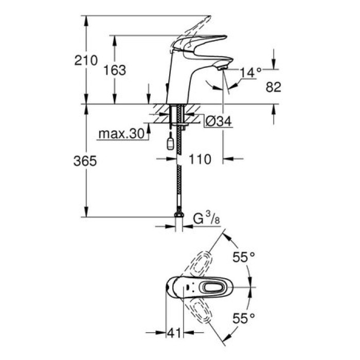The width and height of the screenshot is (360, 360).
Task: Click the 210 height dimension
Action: tap(86, 60)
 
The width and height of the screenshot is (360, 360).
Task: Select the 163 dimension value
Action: tap(115, 70)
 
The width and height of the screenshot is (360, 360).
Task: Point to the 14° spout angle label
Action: tap(250, 73)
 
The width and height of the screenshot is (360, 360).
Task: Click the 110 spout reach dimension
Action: tap(200, 159)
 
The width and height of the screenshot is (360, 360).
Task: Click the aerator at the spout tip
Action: tap(222, 67)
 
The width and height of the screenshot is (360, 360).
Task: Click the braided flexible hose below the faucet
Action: tap(178, 175)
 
